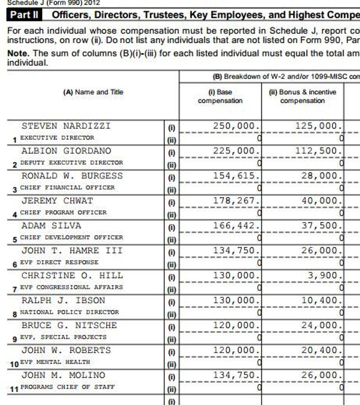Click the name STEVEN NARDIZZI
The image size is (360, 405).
click(x=66, y=126)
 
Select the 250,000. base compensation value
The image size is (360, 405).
click(x=237, y=126)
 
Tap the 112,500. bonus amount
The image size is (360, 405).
click(x=318, y=151)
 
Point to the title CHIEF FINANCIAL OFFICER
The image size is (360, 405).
click(x=67, y=187)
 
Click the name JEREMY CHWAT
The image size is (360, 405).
click(x=57, y=200)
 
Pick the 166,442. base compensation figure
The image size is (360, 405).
click(x=237, y=225)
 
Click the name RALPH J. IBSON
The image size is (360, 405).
click(x=63, y=300)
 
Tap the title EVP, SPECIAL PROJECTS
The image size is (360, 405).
click(x=63, y=337)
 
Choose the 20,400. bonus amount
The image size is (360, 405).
click(x=321, y=350)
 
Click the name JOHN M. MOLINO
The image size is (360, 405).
click(x=63, y=375)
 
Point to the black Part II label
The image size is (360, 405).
click(x=24, y=15)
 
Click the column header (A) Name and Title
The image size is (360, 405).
click(x=93, y=92)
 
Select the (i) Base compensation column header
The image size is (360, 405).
click(x=220, y=96)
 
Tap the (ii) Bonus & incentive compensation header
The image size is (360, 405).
click(x=302, y=96)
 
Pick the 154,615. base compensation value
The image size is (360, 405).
click(x=237, y=176)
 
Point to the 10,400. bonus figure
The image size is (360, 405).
click(x=321, y=300)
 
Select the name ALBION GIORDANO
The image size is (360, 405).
click(x=66, y=151)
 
